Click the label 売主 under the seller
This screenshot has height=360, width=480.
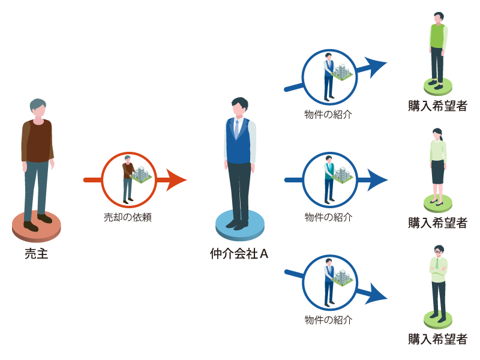(x=36, y=254)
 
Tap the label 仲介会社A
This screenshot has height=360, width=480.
(x=239, y=254)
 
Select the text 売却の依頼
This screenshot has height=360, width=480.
(x=128, y=218)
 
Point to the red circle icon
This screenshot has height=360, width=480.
(x=128, y=179)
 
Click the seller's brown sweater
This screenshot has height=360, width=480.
(x=38, y=141)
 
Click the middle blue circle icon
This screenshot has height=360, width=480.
(x=329, y=179)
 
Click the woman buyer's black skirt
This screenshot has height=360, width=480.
(x=437, y=172)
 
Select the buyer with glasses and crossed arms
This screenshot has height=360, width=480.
(x=438, y=279)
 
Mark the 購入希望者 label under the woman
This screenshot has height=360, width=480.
(x=437, y=223)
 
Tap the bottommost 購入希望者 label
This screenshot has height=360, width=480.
(x=437, y=339)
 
